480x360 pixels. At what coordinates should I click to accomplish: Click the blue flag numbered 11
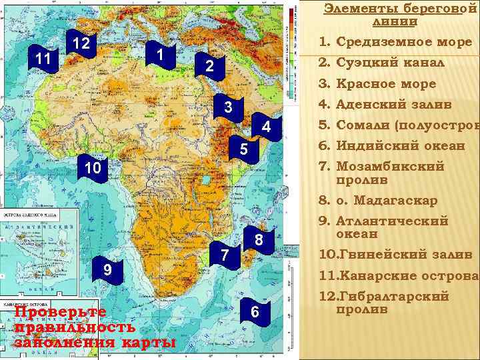click(44, 59)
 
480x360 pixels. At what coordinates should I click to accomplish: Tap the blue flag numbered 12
click(81, 44)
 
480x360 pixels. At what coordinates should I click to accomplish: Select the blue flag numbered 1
click(160, 53)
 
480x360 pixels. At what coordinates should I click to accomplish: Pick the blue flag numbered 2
click(209, 67)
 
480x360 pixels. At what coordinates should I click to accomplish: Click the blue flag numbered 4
click(265, 127)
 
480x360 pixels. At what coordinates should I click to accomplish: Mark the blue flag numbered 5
click(245, 150)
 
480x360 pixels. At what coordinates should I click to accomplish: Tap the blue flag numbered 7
click(226, 254)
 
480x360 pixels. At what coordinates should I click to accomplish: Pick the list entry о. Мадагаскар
click(387, 200)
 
